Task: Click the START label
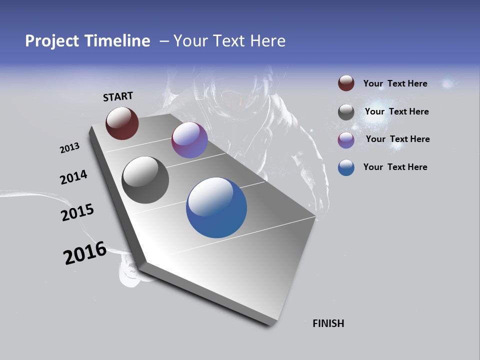[x=118, y=96]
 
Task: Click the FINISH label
[x=328, y=323]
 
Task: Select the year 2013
[x=69, y=148]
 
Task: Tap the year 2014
[x=73, y=177]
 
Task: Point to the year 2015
[x=77, y=212]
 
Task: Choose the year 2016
[x=85, y=252]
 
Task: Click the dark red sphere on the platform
[x=122, y=123]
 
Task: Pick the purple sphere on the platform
[x=189, y=140]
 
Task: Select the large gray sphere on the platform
[x=145, y=180]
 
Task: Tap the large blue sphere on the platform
[x=216, y=207]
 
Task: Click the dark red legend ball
[x=346, y=83]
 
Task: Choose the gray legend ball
[x=346, y=112]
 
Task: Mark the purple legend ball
[x=346, y=140]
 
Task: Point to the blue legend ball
[x=346, y=167]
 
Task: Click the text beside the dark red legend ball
[x=395, y=83]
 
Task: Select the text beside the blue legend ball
[x=395, y=167]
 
